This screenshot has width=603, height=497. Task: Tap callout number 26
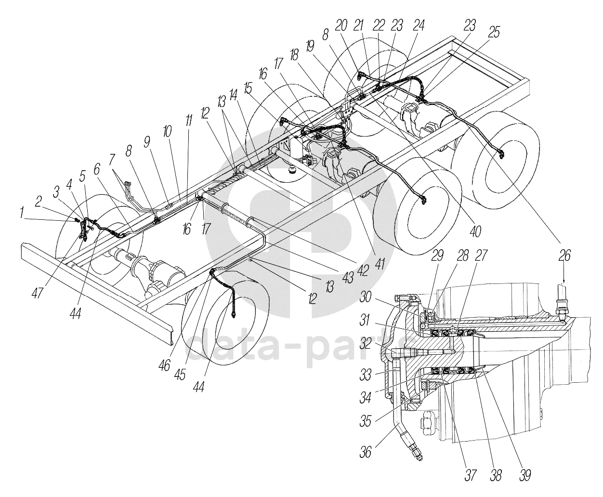tap(564, 255)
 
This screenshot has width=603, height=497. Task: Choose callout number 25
tap(494, 32)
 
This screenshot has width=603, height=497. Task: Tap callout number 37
tap(471, 475)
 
